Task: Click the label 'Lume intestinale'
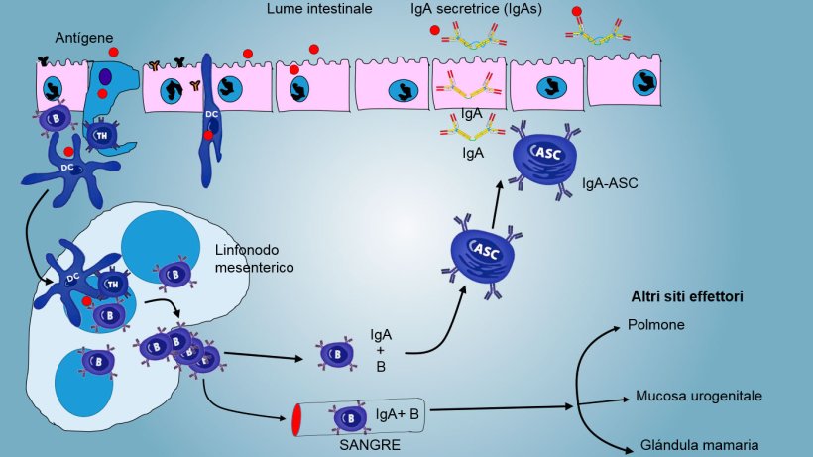tap(319, 9)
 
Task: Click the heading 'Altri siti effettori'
tap(687, 296)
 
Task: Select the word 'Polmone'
tap(655, 325)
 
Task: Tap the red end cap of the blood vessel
tap(295, 419)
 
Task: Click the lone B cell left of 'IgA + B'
tap(331, 354)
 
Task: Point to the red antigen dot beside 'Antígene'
tap(115, 52)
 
